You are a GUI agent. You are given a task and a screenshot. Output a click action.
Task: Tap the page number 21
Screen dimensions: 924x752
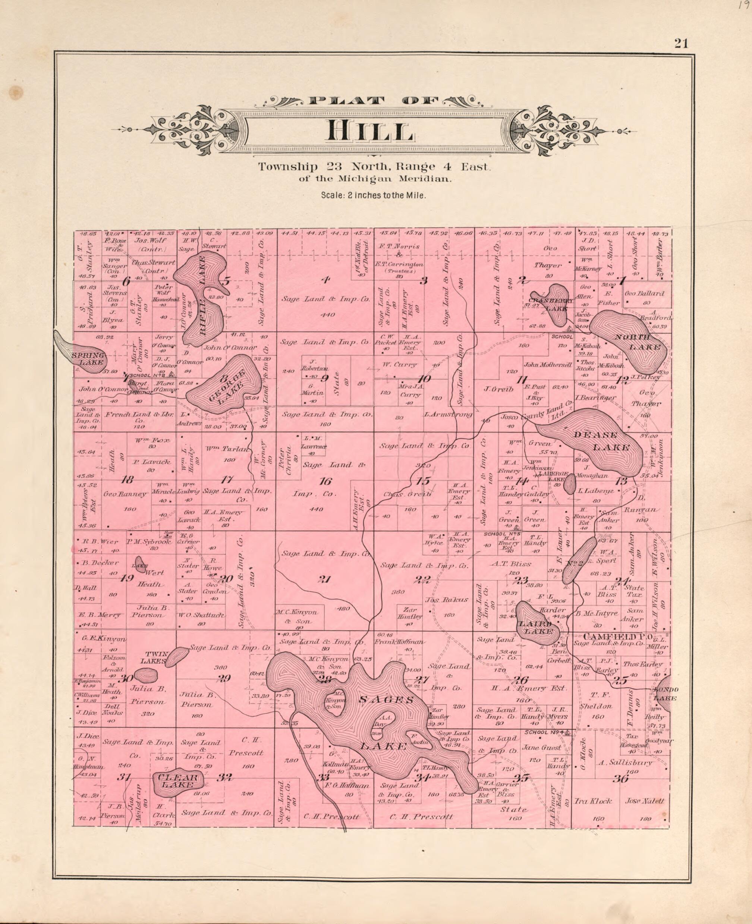coord(680,43)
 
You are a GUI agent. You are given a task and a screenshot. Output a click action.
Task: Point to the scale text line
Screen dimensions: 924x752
coord(374,195)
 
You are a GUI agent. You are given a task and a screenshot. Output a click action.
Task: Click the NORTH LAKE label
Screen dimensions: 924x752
coord(640,342)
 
